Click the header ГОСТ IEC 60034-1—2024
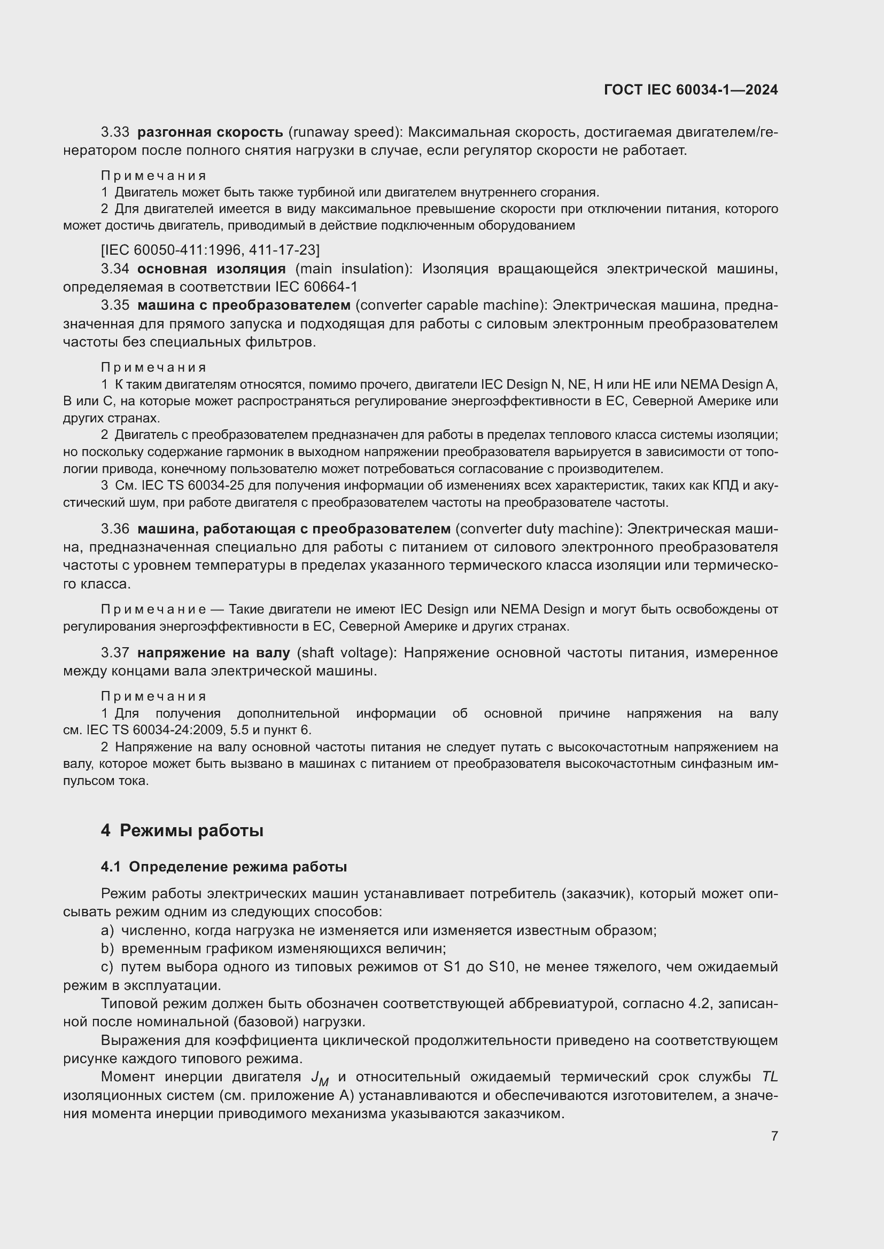coord(691,90)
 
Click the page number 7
coord(774,1136)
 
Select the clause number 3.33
coord(115,132)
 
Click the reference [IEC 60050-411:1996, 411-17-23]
coord(211,250)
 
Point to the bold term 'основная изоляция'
coord(211,269)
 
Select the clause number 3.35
coord(115,305)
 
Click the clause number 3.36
coord(115,529)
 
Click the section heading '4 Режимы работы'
coord(182,831)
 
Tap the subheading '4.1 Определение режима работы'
coord(224,867)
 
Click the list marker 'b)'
coord(107,949)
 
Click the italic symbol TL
coord(769,1077)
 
